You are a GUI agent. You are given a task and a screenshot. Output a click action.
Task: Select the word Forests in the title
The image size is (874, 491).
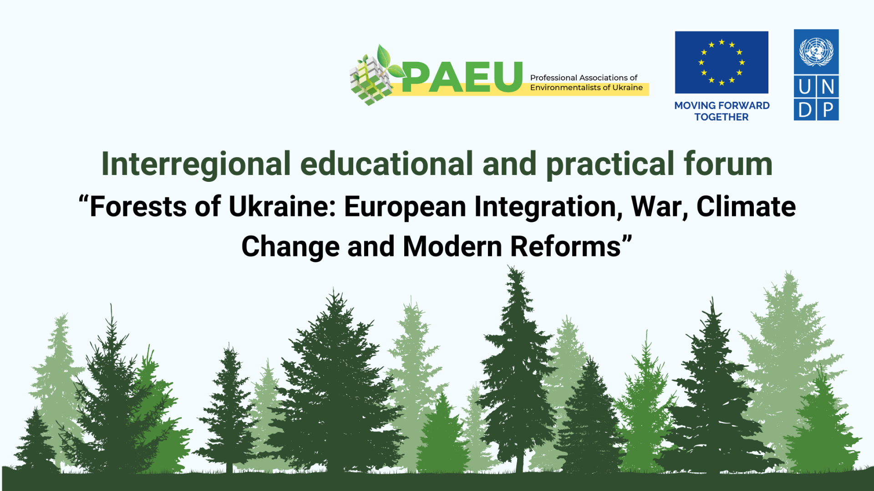(138, 206)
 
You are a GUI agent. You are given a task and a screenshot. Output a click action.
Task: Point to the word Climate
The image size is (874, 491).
(746, 206)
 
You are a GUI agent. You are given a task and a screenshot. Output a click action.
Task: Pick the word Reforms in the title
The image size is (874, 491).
(565, 246)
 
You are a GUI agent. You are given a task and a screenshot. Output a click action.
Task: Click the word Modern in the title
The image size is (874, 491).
(452, 246)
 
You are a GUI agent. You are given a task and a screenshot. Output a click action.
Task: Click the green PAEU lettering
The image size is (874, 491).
(462, 77)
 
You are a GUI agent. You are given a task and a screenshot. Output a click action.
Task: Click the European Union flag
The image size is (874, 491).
(722, 62)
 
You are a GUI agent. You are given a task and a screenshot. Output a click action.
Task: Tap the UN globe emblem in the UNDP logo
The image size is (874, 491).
(816, 51)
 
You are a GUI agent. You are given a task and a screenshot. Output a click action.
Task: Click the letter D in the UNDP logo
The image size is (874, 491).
(805, 110)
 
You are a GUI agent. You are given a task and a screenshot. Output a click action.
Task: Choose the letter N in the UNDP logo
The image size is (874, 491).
(828, 86)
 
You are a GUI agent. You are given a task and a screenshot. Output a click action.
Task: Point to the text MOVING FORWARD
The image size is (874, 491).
(722, 105)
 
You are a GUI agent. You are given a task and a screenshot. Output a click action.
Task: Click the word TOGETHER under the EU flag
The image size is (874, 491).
(722, 117)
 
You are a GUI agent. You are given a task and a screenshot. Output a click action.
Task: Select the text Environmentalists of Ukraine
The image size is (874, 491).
(586, 87)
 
